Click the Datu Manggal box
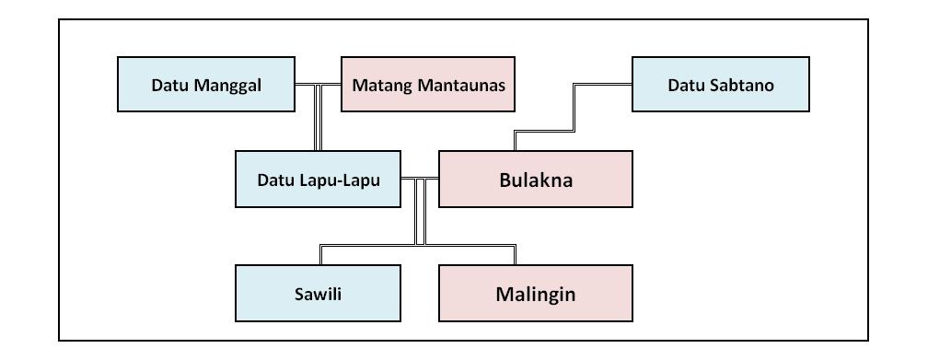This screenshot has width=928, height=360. (x=206, y=85)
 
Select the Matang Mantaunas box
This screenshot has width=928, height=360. (x=428, y=85)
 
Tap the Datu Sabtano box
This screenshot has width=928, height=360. (x=721, y=85)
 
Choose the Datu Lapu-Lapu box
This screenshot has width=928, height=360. (x=318, y=179)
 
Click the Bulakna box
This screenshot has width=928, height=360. (x=536, y=179)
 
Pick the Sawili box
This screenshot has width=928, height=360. (x=318, y=295)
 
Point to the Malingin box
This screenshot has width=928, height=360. (x=536, y=295)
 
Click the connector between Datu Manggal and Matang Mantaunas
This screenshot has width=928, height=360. (x=318, y=85)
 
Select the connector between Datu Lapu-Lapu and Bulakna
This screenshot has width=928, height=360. (x=420, y=178)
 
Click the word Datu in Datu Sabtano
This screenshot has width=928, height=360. (x=685, y=86)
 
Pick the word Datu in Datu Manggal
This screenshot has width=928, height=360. (x=170, y=86)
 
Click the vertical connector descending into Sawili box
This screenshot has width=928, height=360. (x=319, y=255)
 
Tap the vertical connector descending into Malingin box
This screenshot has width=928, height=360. (x=516, y=255)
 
